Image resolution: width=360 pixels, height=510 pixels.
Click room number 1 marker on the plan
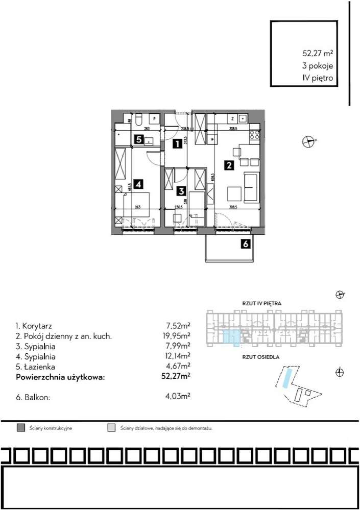pos(176,144)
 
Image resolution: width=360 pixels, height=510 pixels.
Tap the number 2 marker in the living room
pos(229,165)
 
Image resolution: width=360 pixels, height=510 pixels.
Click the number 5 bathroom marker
pos(138,139)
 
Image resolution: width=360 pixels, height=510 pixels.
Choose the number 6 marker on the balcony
pos(246,244)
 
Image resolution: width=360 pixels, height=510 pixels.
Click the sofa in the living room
pos(251,187)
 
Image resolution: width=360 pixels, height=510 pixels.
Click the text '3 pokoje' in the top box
pos(318,65)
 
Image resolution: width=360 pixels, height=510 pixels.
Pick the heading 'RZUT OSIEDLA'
pos(261,358)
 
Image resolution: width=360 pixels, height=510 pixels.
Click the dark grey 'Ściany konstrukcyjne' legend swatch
pos(21,428)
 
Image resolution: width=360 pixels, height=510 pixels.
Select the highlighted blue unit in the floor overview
pos(231,336)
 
